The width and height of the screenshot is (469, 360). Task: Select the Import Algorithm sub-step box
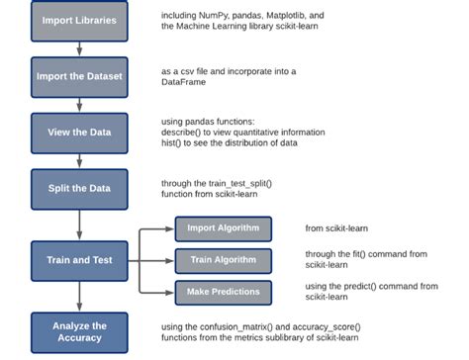coord(223,229)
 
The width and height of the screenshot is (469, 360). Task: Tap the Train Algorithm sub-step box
coord(223,261)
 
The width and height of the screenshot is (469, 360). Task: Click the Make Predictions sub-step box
coord(223,292)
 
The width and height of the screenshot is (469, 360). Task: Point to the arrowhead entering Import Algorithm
coord(170,229)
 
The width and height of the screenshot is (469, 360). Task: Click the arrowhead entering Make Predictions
coord(170,292)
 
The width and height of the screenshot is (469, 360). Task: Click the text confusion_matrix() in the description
coord(230,325)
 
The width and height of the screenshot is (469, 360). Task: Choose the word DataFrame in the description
coord(185,85)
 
